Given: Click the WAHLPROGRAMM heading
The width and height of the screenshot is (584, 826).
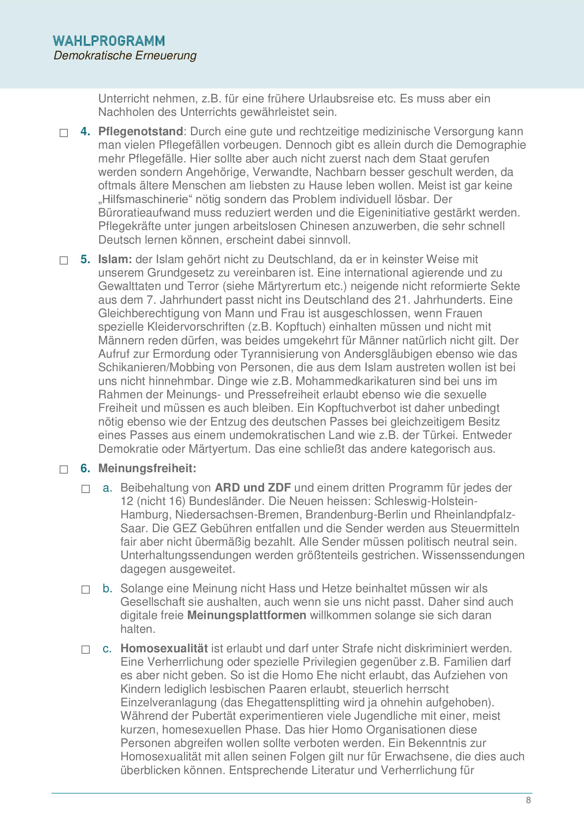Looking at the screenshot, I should click(x=109, y=41).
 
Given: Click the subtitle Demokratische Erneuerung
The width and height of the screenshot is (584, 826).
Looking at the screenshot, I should click(x=125, y=55).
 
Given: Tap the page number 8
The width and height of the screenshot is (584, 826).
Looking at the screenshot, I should click(x=528, y=800).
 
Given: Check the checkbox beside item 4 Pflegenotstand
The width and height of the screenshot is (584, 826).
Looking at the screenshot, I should click(x=64, y=133).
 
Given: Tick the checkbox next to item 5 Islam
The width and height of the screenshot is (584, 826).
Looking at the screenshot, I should click(x=64, y=260).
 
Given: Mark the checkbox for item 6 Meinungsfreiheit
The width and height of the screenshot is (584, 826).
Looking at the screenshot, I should click(x=64, y=469).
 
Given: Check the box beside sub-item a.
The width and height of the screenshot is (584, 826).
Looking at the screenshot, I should click(x=85, y=489).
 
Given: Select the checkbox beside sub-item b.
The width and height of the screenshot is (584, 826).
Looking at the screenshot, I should click(x=85, y=589).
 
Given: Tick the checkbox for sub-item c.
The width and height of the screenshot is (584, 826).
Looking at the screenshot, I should click(x=85, y=649).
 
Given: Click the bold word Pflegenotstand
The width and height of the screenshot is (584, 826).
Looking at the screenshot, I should click(x=141, y=131).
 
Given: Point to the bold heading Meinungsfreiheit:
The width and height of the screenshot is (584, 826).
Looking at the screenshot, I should click(x=147, y=468).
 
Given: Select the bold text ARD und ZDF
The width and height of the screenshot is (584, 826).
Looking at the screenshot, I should click(x=252, y=487).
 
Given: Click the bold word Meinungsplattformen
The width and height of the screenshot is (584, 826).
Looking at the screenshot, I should click(x=247, y=615).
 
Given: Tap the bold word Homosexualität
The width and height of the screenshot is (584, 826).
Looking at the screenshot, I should click(x=164, y=648).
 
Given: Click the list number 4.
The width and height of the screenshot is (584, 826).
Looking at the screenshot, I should click(x=85, y=131).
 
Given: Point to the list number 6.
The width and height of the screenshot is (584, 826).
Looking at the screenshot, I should click(x=85, y=468).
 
